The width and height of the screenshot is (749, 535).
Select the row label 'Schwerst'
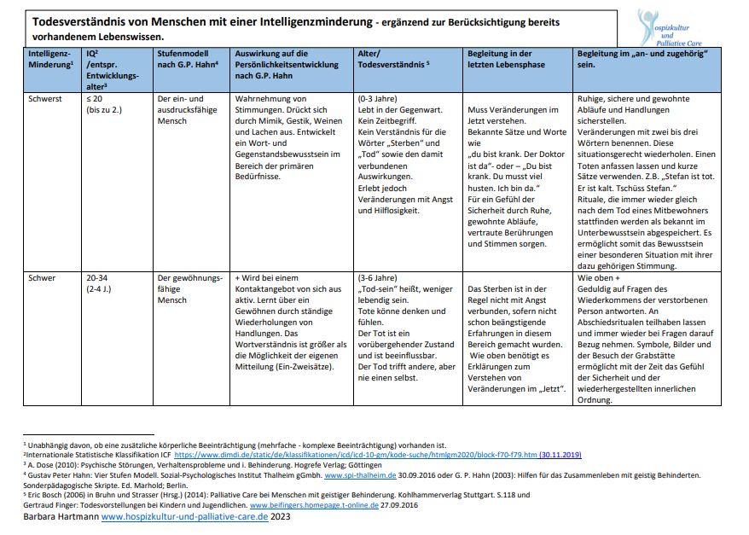click(45, 98)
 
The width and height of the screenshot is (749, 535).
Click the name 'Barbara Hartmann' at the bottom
click(61, 516)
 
